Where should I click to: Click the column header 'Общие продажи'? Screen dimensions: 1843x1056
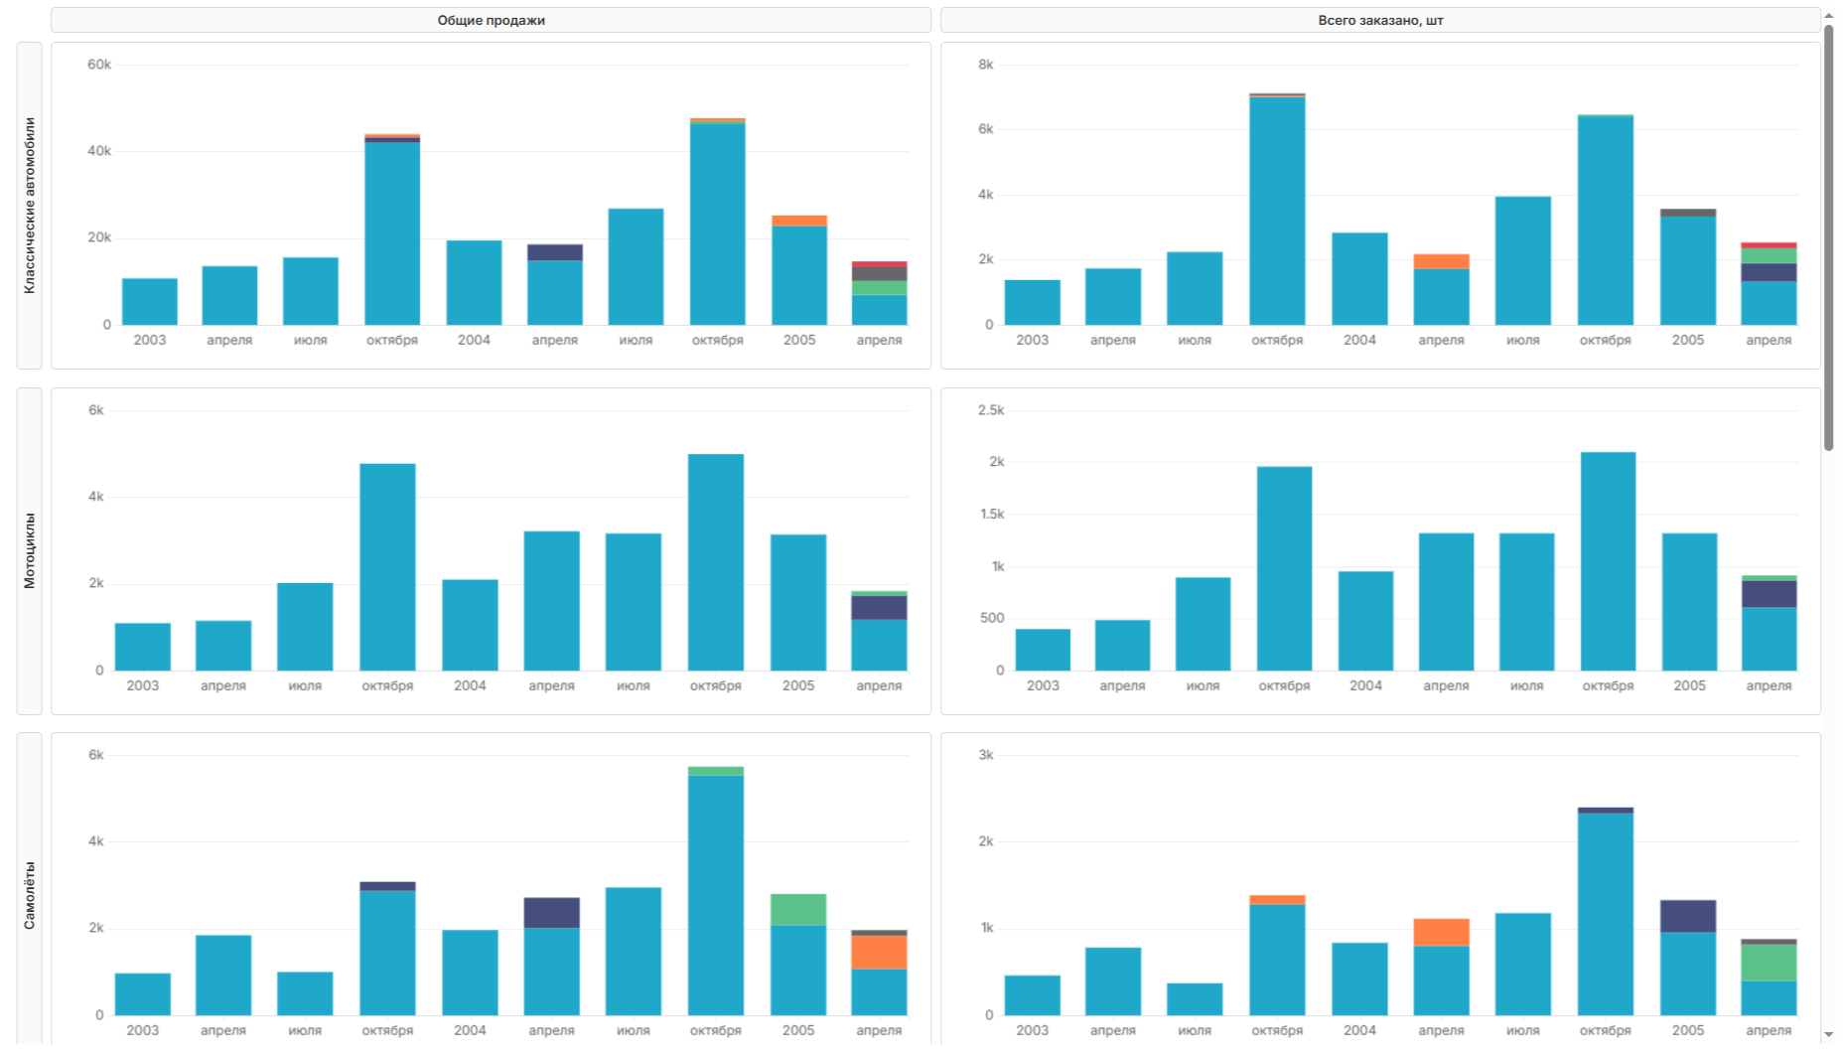(491, 20)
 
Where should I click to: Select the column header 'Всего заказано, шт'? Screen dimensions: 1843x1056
(1380, 20)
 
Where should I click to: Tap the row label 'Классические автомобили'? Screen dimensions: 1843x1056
(30, 206)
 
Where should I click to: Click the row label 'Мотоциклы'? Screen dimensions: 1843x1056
(30, 550)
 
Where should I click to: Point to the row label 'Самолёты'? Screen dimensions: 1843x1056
(30, 895)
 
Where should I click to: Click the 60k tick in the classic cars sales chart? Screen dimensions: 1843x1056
(99, 65)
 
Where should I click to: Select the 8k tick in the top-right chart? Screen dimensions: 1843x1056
(985, 65)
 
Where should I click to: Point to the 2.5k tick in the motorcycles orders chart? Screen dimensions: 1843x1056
(991, 410)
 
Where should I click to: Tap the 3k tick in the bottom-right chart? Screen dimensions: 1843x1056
(985, 755)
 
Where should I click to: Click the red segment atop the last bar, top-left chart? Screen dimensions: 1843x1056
(879, 264)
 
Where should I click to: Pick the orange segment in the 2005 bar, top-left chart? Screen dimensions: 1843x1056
(798, 221)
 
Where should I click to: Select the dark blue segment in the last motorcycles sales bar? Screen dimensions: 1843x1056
(879, 608)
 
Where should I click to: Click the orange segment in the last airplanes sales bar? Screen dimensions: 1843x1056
(879, 952)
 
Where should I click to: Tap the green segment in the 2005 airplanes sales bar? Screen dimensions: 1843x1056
(798, 910)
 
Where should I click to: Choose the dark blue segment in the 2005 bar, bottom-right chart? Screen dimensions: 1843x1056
(1688, 916)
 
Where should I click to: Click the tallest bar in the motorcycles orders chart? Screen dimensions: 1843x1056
(1608, 561)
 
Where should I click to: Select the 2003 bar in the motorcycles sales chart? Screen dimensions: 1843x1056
(143, 647)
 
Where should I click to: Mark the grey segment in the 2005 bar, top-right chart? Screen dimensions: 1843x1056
(1688, 213)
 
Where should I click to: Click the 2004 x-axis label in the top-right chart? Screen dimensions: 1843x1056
(1359, 340)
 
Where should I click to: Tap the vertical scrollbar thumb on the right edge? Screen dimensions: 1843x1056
(1829, 238)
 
